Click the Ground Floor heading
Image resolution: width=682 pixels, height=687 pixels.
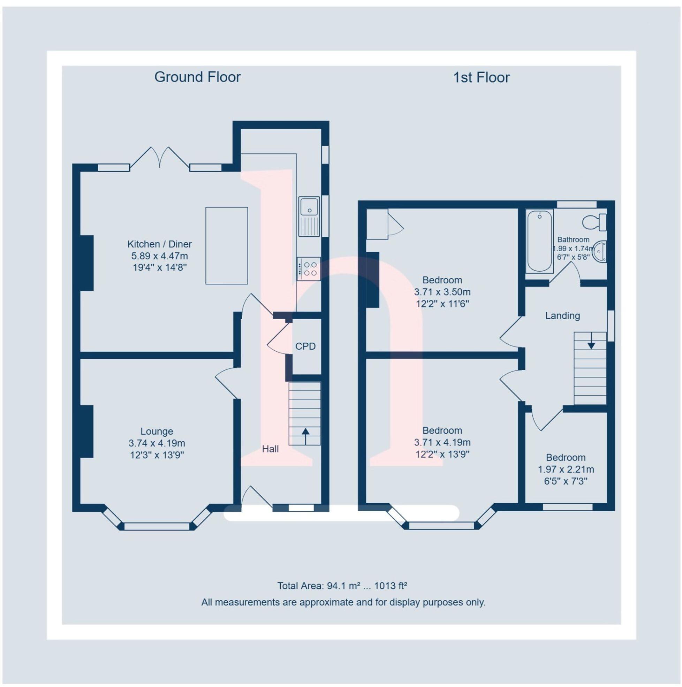coord(197,77)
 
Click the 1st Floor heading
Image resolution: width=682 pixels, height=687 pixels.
coord(481,77)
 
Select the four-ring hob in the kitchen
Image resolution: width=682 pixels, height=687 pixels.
coord(309,268)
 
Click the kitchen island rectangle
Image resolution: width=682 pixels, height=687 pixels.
coord(226,245)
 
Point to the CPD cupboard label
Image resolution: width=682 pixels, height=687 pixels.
coord(305,346)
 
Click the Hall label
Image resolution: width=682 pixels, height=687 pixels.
coord(270,449)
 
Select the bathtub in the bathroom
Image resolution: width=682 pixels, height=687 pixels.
coord(539,241)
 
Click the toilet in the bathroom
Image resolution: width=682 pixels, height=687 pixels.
coord(594,222)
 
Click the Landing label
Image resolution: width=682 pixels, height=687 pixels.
coord(562,315)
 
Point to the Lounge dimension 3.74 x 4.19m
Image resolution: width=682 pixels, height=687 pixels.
coord(157,443)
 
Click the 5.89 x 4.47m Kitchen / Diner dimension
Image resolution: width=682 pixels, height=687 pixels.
coord(159,256)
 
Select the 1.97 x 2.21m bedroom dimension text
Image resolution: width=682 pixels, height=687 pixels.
coord(565,470)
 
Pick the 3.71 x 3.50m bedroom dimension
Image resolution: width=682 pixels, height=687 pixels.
coord(442,292)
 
